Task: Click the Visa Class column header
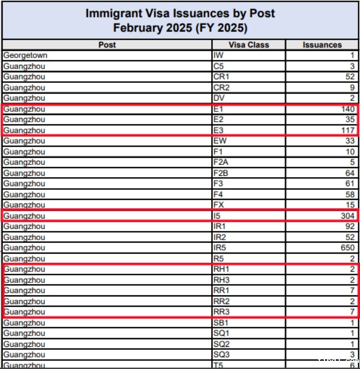pyautogui.click(x=248, y=45)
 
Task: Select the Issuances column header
pyautogui.click(x=322, y=45)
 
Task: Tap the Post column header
pyautogui.click(x=107, y=45)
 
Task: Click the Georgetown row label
pyautogui.click(x=25, y=55)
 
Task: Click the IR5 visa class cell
pyautogui.click(x=219, y=248)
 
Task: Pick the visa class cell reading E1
pyautogui.click(x=217, y=109)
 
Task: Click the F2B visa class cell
pyautogui.click(x=220, y=173)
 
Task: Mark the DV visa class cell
pyautogui.click(x=218, y=98)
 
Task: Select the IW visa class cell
pyautogui.click(x=218, y=55)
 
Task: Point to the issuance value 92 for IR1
pyautogui.click(x=350, y=227)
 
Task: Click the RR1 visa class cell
pyautogui.click(x=220, y=291)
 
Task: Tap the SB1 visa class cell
pyautogui.click(x=220, y=323)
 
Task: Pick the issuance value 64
pyautogui.click(x=350, y=173)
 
